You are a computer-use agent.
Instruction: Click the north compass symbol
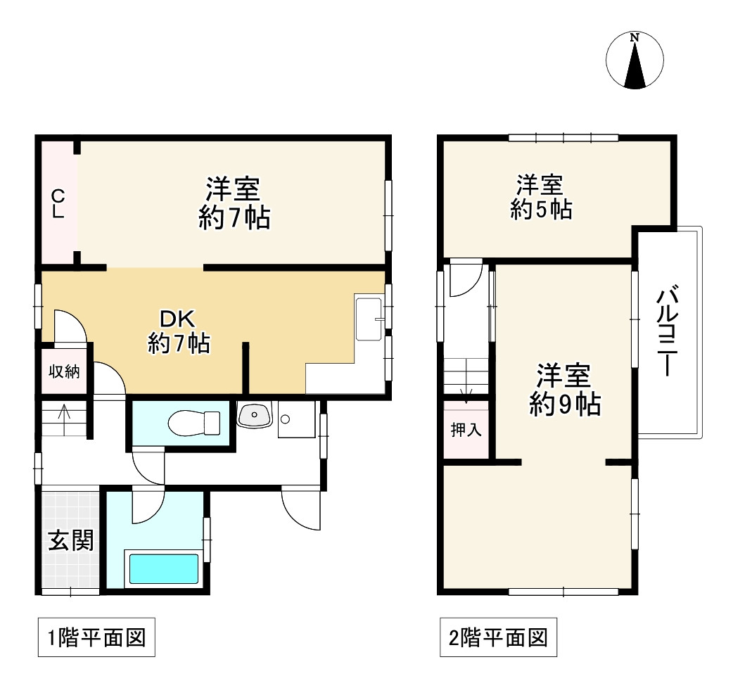(x=635, y=61)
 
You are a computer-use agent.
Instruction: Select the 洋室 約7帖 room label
(x=234, y=203)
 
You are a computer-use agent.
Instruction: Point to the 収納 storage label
(x=63, y=371)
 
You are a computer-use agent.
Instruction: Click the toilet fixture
(x=195, y=423)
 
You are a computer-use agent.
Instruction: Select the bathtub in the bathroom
(x=163, y=568)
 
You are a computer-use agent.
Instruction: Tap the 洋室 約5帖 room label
(x=540, y=198)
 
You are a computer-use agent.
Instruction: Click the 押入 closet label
(x=466, y=430)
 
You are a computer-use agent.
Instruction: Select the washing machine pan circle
(x=286, y=420)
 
